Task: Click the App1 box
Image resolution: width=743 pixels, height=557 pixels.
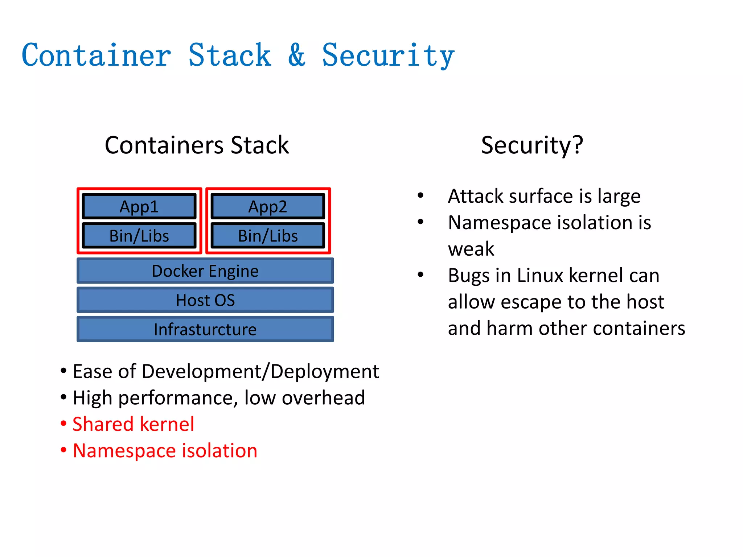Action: click(x=139, y=206)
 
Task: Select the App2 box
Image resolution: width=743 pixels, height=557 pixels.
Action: click(x=268, y=206)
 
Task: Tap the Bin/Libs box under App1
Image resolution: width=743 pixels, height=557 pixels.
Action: click(x=139, y=236)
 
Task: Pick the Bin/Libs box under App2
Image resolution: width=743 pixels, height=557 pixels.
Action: click(x=268, y=236)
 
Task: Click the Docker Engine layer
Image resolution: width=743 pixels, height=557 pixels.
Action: click(x=205, y=271)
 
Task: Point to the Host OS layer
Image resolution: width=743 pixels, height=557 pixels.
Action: click(x=205, y=300)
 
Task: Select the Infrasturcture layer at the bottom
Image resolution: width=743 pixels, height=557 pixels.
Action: click(x=205, y=329)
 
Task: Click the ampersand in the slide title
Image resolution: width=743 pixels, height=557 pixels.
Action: click(x=297, y=55)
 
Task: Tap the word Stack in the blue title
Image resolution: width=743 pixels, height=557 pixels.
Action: click(x=230, y=55)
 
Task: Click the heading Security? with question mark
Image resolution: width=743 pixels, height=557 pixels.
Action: click(x=532, y=145)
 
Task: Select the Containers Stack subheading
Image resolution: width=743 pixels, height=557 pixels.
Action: click(x=197, y=145)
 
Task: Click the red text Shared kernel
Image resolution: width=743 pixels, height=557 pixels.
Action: click(x=133, y=424)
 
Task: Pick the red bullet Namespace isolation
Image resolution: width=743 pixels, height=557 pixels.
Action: click(x=165, y=450)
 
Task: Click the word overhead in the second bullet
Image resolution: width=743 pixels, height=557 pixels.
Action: click(x=323, y=397)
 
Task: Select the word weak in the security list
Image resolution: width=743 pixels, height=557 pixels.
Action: click(x=471, y=249)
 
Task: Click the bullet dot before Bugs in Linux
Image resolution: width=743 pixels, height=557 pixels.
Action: click(x=420, y=275)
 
